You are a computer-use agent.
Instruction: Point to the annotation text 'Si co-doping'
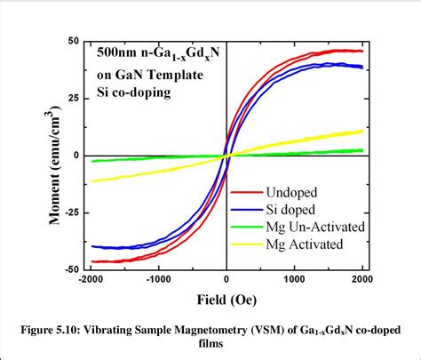135,92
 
